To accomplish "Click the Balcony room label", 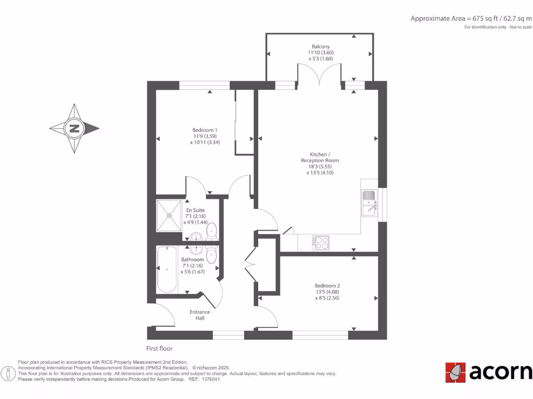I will (x=320, y=47).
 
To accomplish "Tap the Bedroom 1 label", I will (x=205, y=130).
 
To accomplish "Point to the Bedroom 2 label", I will (x=327, y=286).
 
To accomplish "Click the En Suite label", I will (x=196, y=210).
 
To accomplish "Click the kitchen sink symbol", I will (x=370, y=203).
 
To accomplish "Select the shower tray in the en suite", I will (x=170, y=214).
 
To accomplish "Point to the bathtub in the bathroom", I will (x=167, y=269).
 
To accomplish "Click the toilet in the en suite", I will (x=212, y=231).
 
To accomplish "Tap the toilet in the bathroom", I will (x=212, y=255).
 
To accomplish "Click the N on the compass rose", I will (x=74, y=128).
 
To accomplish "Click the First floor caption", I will (x=159, y=349).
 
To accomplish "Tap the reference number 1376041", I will (x=211, y=379).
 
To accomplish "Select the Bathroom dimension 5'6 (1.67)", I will (x=192, y=271).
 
